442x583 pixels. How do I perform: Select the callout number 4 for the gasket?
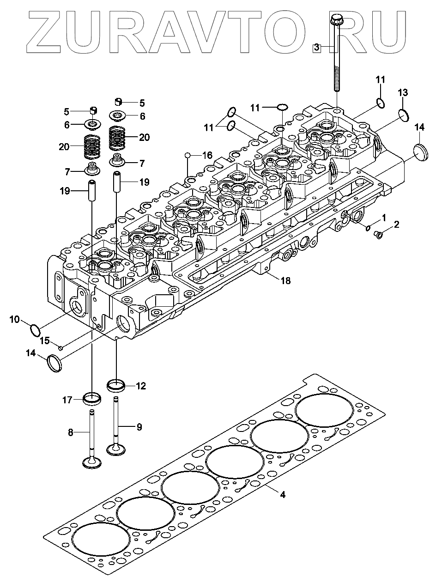tap(283, 495)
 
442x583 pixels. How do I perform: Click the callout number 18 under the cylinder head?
tap(285, 280)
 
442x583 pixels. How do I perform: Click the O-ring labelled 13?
tap(403, 115)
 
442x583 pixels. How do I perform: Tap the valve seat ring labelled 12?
tap(116, 385)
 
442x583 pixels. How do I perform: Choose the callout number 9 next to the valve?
tap(139, 427)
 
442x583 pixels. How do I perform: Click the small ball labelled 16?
tap(188, 155)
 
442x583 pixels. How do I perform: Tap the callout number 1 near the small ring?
tap(383, 217)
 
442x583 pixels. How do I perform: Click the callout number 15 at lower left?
tap(44, 341)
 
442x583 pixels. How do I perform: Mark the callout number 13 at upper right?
tap(403, 93)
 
